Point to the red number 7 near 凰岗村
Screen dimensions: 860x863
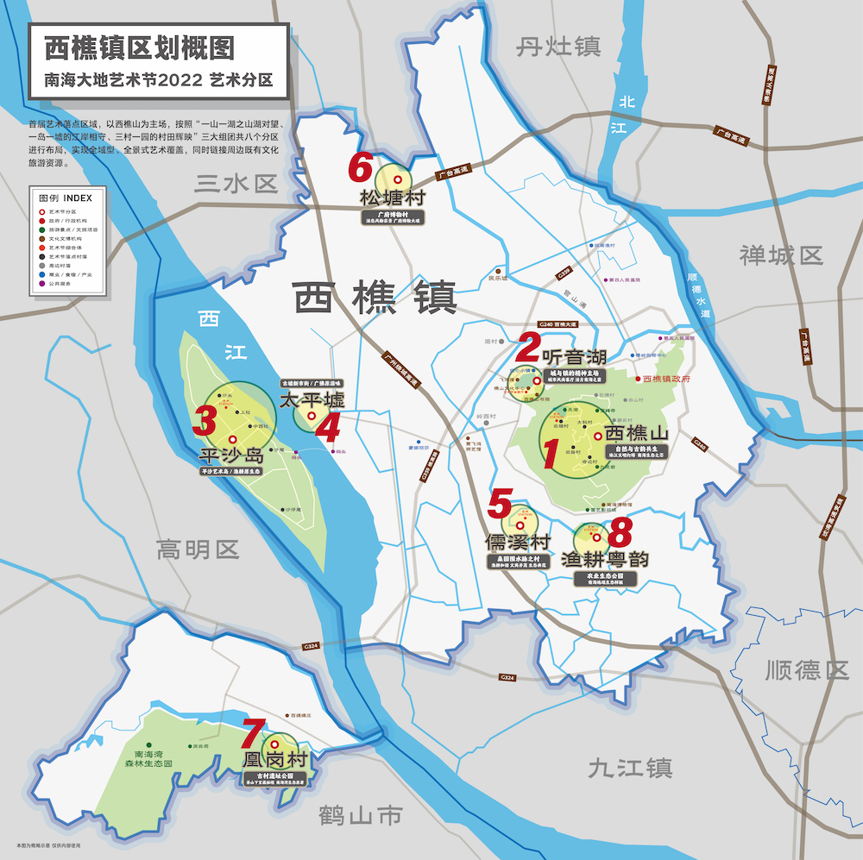[x=252, y=734]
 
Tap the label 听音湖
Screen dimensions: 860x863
[x=574, y=356]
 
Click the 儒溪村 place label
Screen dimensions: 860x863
[x=518, y=543]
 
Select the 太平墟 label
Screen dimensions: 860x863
[x=312, y=400]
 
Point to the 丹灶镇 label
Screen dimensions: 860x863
[x=558, y=47]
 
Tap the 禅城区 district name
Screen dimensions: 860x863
[x=781, y=255]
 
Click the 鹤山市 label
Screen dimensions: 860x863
[x=360, y=813]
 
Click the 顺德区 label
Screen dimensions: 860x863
[x=806, y=669]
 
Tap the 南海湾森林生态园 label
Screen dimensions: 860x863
[x=148, y=757]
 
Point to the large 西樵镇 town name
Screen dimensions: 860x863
[x=375, y=298]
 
